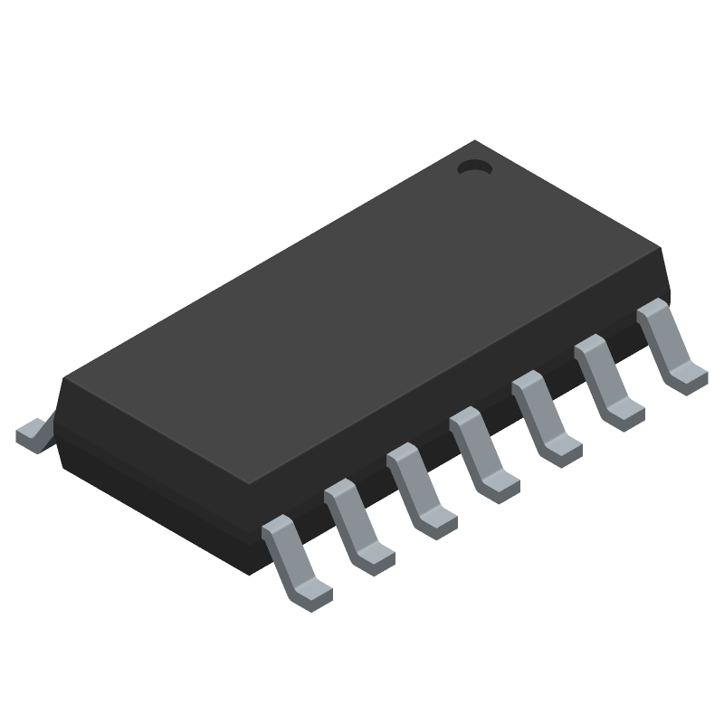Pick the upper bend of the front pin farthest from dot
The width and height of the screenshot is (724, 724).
(x=275, y=527)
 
